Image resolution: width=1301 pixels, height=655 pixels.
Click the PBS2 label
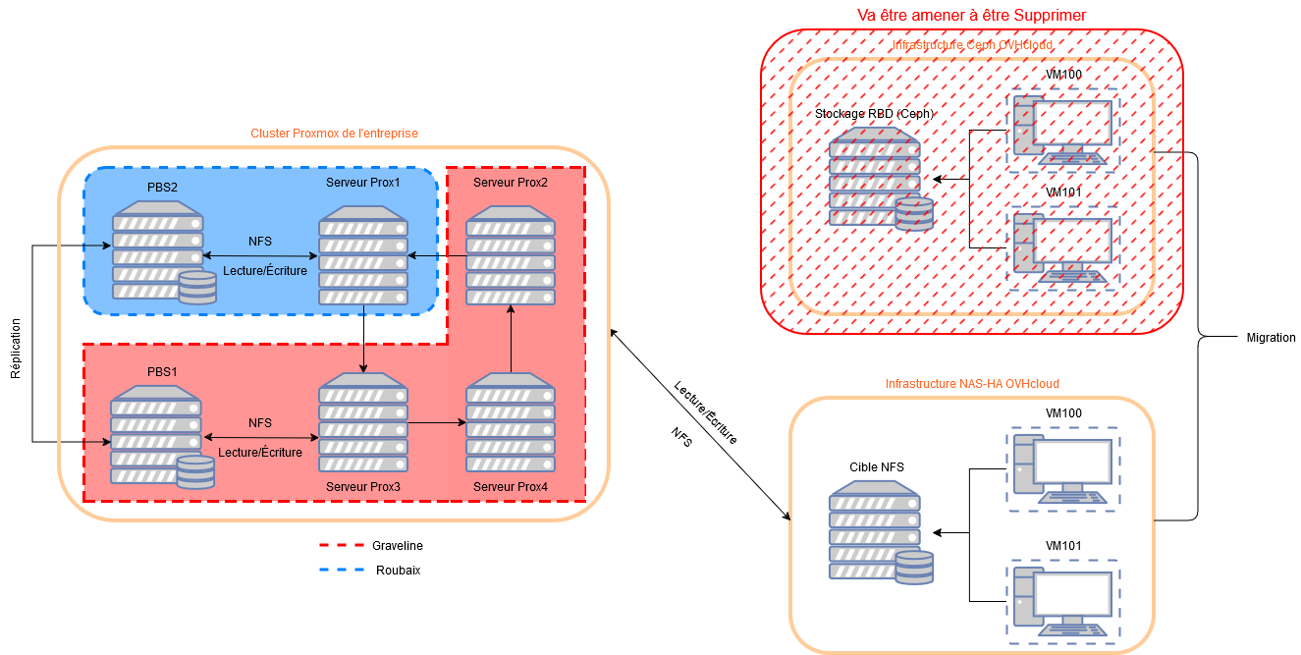(163, 186)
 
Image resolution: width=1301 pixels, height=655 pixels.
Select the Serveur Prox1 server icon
(363, 256)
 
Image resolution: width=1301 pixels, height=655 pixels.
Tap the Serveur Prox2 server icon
(511, 255)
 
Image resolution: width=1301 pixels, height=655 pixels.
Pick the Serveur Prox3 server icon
(363, 423)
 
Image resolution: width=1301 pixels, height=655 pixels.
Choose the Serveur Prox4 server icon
(511, 423)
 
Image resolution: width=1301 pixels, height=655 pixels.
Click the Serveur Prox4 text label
(511, 487)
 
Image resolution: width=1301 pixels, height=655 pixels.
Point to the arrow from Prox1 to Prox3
(363, 339)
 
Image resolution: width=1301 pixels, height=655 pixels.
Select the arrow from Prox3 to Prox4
(437, 423)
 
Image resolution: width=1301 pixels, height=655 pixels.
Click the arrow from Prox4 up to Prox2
(511, 339)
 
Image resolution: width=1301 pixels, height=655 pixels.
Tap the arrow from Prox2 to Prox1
(437, 256)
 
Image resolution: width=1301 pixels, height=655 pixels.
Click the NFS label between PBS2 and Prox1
(260, 242)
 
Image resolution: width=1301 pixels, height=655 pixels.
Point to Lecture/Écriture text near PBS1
(260, 453)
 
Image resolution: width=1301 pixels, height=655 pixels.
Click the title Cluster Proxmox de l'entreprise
(335, 134)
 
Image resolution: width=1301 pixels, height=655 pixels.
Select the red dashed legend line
(342, 544)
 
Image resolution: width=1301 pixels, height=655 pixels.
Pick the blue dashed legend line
(342, 569)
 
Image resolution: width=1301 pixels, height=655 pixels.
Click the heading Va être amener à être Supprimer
(971, 15)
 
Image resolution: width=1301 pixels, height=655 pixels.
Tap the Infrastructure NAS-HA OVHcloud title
(972, 383)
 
